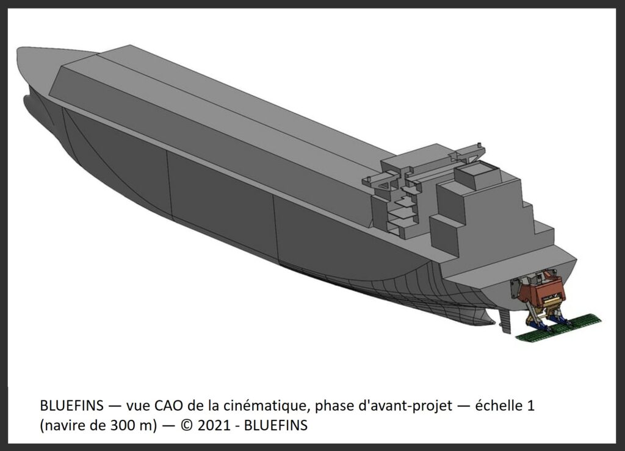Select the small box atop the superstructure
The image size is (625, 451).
(477, 176)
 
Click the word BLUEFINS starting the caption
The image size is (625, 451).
(72, 406)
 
